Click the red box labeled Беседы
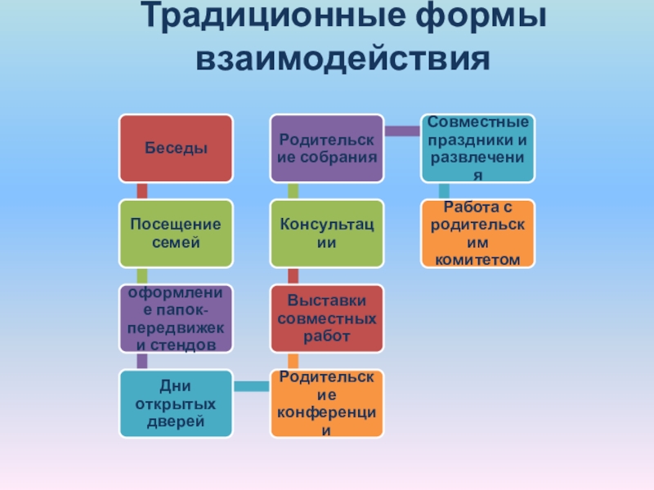pyautogui.click(x=176, y=148)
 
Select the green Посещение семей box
pyautogui.click(x=176, y=233)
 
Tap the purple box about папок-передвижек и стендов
pyautogui.click(x=176, y=318)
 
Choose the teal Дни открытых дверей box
pyautogui.click(x=176, y=403)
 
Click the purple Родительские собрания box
pyautogui.click(x=327, y=148)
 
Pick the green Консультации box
pyautogui.click(x=327, y=233)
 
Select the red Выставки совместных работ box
pyautogui.click(x=327, y=318)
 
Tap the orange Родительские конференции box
pyautogui.click(x=327, y=403)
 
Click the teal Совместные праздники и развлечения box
pyautogui.click(x=478, y=148)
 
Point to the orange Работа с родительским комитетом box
pyautogui.click(x=478, y=233)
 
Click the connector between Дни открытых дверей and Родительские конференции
pyautogui.click(x=251, y=384)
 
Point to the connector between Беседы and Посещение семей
pyautogui.click(x=142, y=190)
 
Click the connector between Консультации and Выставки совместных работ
pyautogui.click(x=293, y=275)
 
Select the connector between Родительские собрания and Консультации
pyautogui.click(x=293, y=190)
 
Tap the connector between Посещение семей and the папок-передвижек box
pyautogui.click(x=142, y=275)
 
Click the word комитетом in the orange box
pyautogui.click(x=478, y=259)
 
